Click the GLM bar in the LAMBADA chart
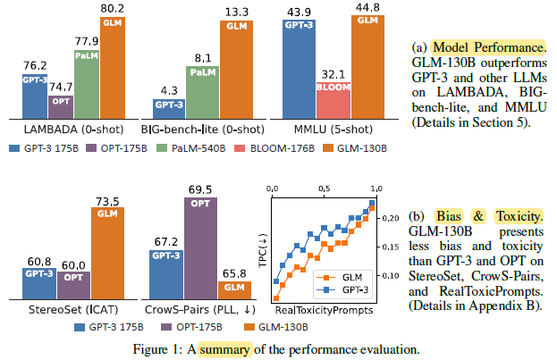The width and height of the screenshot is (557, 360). (x=113, y=68)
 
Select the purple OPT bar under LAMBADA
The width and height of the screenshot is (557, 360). (x=61, y=107)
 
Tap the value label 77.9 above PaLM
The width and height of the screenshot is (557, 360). (x=87, y=41)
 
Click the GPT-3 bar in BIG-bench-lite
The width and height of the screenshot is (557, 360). (x=169, y=109)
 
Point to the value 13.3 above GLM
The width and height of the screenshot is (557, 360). (x=237, y=13)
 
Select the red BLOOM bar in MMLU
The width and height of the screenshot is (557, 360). (x=333, y=100)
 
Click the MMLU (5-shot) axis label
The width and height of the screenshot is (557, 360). (x=333, y=130)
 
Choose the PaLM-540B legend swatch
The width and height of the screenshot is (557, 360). (x=162, y=148)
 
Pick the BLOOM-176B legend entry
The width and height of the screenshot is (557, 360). (x=274, y=148)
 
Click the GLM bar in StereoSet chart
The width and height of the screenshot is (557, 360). (x=107, y=253)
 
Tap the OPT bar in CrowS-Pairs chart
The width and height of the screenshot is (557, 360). (x=200, y=248)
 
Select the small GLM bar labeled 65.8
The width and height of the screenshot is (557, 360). (x=234, y=290)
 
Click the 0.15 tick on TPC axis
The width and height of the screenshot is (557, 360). (x=390, y=247)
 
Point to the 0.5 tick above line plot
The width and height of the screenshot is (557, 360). (x=324, y=188)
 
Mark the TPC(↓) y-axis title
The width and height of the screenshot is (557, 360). (x=263, y=251)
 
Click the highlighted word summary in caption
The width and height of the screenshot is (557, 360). (x=224, y=349)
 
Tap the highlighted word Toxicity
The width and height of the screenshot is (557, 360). (x=519, y=216)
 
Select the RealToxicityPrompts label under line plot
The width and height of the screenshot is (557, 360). (x=324, y=310)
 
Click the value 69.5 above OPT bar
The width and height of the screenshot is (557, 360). (x=200, y=190)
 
